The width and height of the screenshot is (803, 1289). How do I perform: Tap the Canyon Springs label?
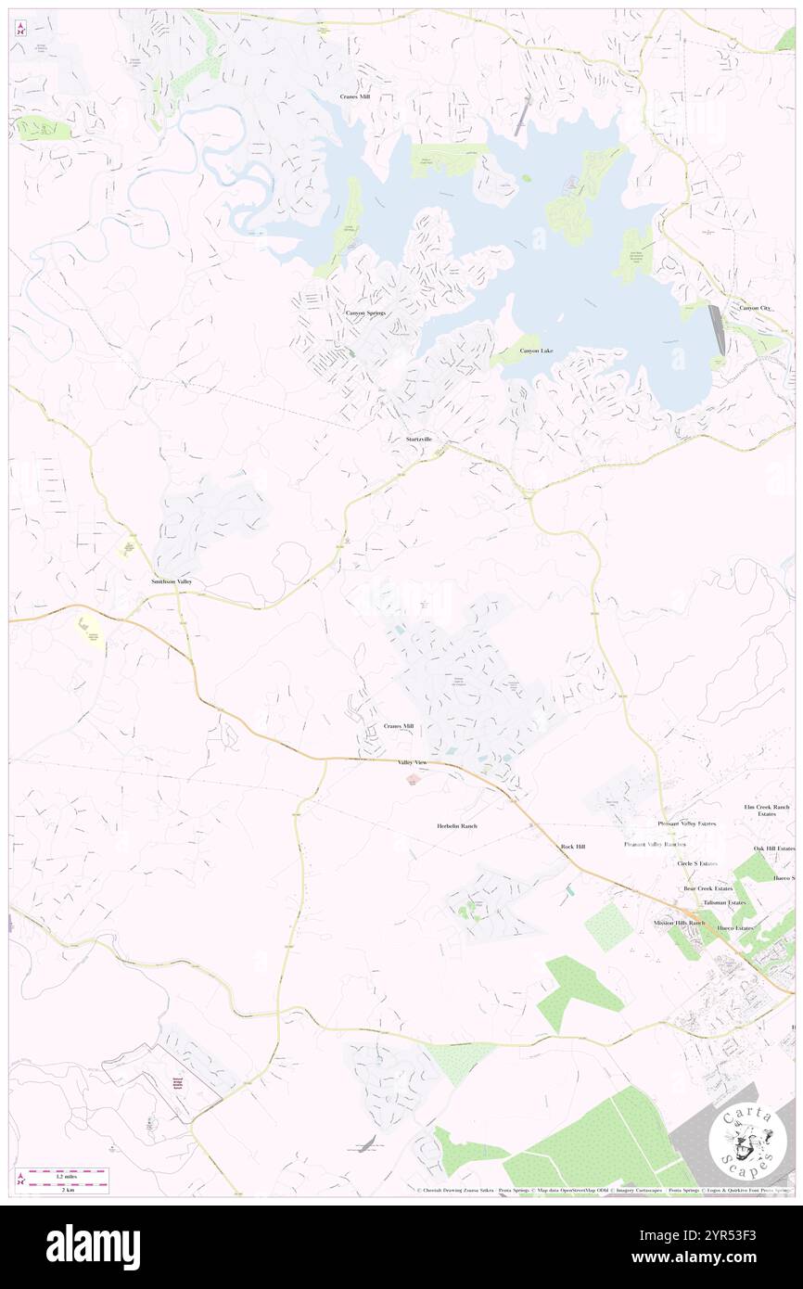(x=365, y=313)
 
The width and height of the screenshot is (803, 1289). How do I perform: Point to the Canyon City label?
(x=754, y=308)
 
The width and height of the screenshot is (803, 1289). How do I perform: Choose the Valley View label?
(x=413, y=762)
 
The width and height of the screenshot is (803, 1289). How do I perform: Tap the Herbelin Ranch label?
(x=456, y=825)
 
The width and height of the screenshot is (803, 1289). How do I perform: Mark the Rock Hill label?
(x=573, y=847)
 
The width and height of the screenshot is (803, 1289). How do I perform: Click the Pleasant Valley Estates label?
(x=687, y=823)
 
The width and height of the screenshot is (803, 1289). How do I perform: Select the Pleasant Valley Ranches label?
(x=655, y=845)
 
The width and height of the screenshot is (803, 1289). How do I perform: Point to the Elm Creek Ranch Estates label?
(x=766, y=810)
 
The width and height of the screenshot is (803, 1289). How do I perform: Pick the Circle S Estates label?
(x=697, y=863)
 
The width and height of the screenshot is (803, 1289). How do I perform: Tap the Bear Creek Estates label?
(x=707, y=888)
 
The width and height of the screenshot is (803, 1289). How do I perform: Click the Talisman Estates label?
(x=724, y=902)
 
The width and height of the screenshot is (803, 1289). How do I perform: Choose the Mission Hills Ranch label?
(x=679, y=924)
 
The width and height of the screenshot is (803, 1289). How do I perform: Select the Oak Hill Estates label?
(x=774, y=849)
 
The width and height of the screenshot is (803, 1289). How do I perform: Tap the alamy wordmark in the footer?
(x=93, y=1247)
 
